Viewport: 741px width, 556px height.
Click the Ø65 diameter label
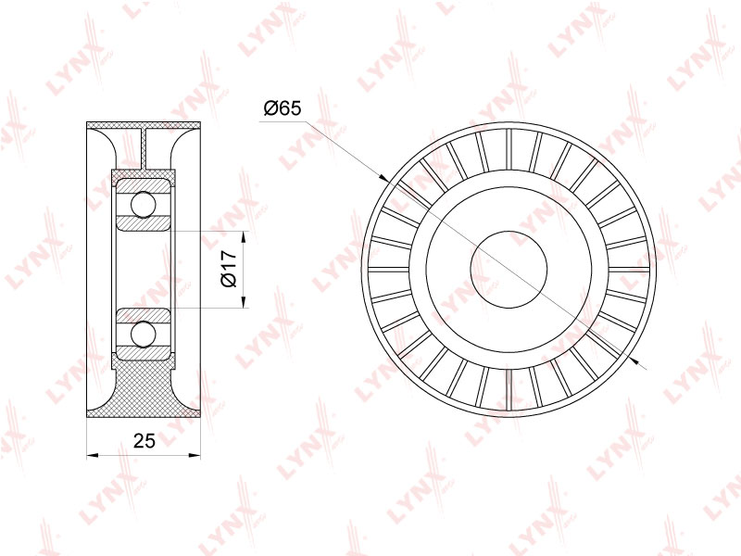283,108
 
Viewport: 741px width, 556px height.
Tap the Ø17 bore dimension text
229,269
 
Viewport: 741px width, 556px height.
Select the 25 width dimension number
144,441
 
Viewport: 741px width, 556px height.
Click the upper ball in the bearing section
144,205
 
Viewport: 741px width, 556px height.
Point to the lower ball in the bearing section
144,335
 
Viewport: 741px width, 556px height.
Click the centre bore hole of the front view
509,270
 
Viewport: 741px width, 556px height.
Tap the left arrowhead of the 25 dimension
93,455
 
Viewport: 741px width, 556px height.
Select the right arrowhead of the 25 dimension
195,455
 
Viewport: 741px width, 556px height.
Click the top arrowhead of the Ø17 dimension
244,237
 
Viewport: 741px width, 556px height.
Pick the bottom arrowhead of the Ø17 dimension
244,302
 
